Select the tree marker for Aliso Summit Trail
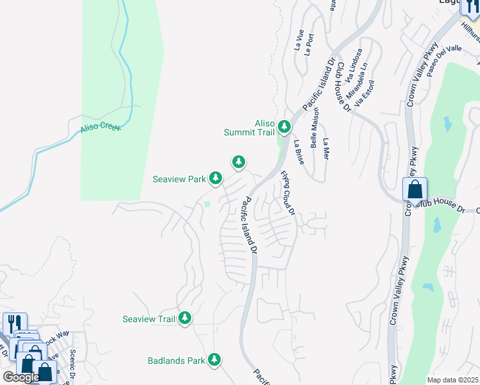click(284, 127)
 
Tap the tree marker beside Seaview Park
click(216, 177)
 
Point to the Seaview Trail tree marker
click(185, 318)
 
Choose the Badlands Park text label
click(176, 361)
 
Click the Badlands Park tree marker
click(214, 359)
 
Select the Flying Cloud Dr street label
click(287, 193)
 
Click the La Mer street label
click(326, 149)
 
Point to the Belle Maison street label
click(315, 127)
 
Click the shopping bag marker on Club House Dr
click(415, 190)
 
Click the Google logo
click(21, 377)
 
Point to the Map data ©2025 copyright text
click(452, 380)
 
